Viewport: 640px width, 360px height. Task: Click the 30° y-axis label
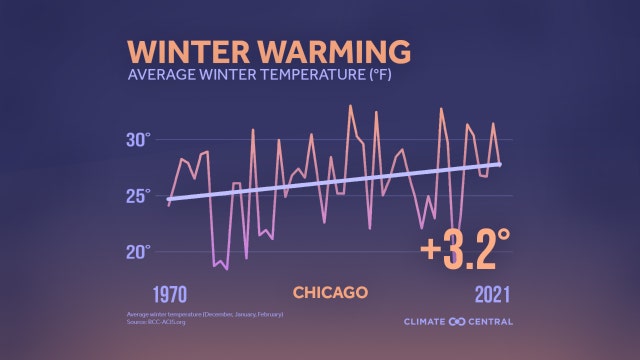click(137, 139)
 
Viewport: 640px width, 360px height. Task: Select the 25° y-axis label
click(137, 195)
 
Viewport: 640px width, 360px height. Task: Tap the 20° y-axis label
click(137, 251)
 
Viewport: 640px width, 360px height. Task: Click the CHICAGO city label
click(330, 293)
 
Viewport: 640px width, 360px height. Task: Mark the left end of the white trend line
click(168, 200)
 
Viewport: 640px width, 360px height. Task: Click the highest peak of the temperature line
click(350, 105)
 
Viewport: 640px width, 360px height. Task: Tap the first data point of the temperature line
click(168, 206)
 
